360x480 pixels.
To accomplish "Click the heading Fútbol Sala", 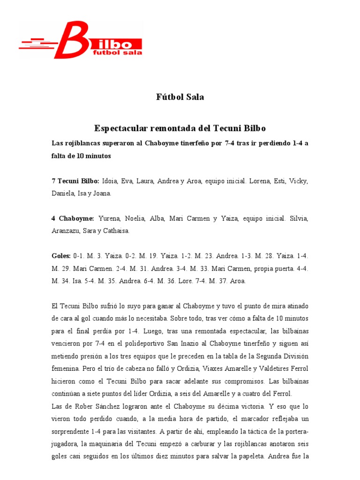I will (180, 97).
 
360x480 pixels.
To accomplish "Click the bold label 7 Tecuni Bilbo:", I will (75, 181).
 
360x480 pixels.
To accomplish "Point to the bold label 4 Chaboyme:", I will (73, 218).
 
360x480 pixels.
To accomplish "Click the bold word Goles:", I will (61, 256).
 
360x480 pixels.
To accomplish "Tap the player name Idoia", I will (110, 181).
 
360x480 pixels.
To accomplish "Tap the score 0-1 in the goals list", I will (79, 256).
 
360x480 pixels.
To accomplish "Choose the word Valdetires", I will (267, 368).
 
